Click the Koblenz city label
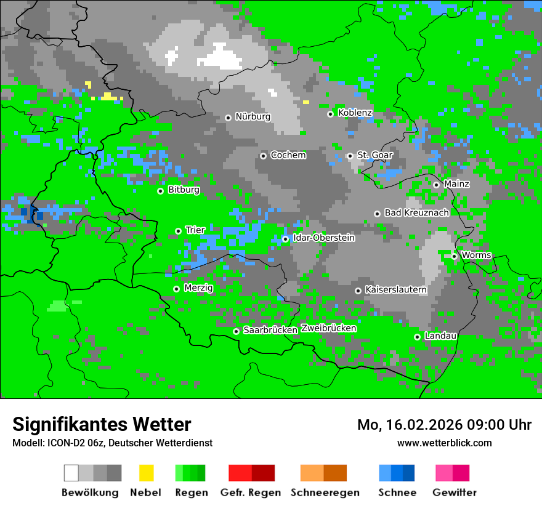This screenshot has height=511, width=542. tap(355, 113)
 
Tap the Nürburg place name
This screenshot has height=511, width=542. tap(253, 116)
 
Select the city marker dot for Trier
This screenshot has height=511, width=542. tap(178, 231)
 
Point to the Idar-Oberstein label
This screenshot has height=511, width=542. tap(324, 238)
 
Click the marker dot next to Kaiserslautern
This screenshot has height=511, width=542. tap(358, 291)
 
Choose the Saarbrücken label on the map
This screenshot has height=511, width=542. tap(270, 330)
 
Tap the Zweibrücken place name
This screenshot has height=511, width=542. tap(329, 328)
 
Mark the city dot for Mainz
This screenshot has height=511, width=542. tap(436, 185)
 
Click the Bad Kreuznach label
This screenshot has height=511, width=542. tap(416, 212)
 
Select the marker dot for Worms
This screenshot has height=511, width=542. tap(454, 256)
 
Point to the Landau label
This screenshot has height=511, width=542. tap(440, 336)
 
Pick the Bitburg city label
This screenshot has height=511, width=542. tap(184, 190)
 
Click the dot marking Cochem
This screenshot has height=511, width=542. tap(263, 156)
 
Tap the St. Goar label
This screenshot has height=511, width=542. tap(374, 155)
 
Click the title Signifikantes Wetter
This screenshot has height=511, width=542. tap(102, 424)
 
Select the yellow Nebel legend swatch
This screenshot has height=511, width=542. tap(146, 473)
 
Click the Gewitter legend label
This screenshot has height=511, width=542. tap(455, 493)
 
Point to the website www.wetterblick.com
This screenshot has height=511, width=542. tap(444, 443)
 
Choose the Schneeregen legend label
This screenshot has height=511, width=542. tap(325, 493)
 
